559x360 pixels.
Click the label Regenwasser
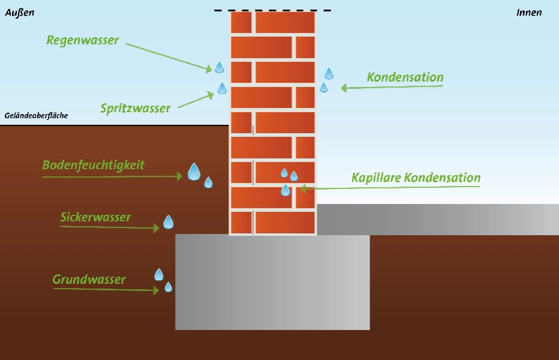pos(83,40)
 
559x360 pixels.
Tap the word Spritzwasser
pos(136,108)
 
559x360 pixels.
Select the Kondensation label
pos(405,77)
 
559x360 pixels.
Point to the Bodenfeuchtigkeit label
pos(94,165)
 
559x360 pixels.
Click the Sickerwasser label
pos(95,217)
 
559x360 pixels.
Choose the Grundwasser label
pos(89,279)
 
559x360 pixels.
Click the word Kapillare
pos(375,178)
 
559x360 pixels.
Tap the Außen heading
pos(20,13)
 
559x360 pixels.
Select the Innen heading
pos(529,13)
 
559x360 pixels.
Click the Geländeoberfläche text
pos(36,116)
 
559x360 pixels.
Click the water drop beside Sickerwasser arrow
pos(169,222)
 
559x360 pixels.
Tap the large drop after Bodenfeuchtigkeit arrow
pos(194,172)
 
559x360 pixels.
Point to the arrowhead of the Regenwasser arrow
pos(209,68)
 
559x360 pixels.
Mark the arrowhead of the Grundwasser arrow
pos(156,290)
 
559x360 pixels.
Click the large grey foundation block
pos(272,282)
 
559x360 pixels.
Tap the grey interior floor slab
pos(438,220)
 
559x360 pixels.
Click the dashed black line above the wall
pos(272,10)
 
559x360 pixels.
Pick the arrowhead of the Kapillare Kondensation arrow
pos(303,188)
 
